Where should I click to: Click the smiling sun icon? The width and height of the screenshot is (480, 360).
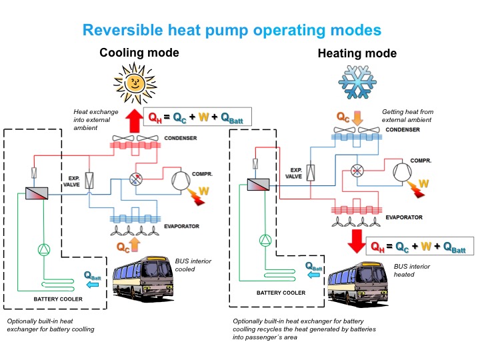coord(136,83)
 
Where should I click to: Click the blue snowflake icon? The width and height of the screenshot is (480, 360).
coord(357,83)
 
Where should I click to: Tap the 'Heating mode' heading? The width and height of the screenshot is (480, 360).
coord(357,53)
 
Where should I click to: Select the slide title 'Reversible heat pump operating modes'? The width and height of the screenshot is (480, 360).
coord(232,30)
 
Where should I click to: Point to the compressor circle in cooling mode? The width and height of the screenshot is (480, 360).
coord(181,180)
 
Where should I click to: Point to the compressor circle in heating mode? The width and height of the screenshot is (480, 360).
coord(403,172)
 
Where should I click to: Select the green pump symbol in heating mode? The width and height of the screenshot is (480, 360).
coord(265,239)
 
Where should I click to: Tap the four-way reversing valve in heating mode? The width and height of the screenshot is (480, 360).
coord(357,171)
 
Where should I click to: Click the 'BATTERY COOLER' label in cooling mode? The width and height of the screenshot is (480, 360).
coord(58,299)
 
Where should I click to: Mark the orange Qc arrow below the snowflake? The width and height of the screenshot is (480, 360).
coord(357,118)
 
